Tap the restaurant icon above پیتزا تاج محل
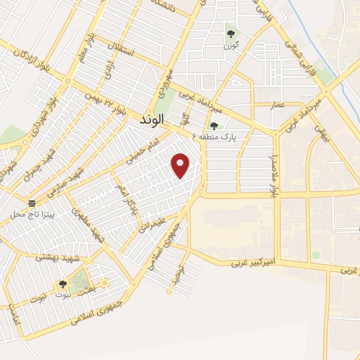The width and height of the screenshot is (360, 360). (32, 202)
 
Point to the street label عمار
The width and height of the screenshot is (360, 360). (278, 105)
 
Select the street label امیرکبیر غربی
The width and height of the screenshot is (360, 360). (255, 263)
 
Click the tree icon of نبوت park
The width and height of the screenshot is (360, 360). (63, 284)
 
